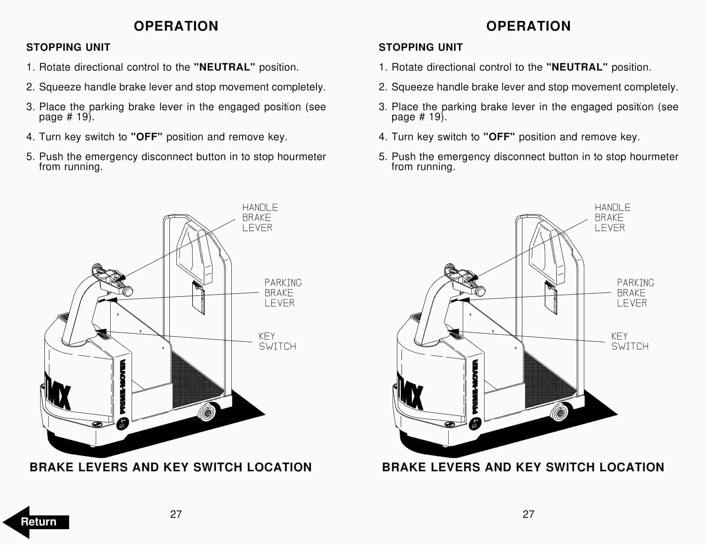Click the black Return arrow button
[x=36, y=522]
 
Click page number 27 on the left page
[x=176, y=514]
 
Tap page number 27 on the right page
[x=529, y=514]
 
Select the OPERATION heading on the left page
[x=176, y=26]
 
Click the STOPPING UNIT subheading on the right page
[x=421, y=47]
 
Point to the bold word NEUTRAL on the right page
[x=577, y=67]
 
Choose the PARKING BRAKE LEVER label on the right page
[x=635, y=293]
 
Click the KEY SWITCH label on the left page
[x=277, y=341]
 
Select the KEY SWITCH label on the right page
[x=630, y=341]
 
